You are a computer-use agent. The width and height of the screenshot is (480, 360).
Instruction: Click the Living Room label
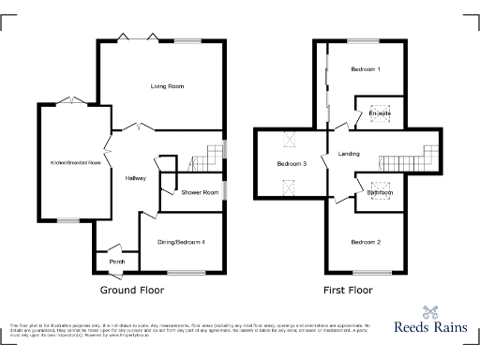pyautogui.click(x=167, y=86)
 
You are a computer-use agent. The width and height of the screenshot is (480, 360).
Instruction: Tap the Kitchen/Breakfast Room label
pyautogui.click(x=76, y=162)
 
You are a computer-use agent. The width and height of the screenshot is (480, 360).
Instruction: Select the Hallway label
pyautogui.click(x=135, y=178)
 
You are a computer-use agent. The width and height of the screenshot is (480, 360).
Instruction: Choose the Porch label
pyautogui.click(x=117, y=262)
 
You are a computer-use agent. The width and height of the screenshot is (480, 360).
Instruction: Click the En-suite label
pyautogui.click(x=380, y=113)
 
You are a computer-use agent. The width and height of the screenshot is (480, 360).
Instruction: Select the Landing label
pyautogui.click(x=349, y=154)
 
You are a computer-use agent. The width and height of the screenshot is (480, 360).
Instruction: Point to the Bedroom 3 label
pyautogui.click(x=292, y=164)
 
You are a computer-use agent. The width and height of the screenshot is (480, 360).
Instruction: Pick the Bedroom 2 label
pyautogui.click(x=366, y=242)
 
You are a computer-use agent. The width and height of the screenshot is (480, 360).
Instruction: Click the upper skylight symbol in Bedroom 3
pyautogui.click(x=289, y=141)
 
